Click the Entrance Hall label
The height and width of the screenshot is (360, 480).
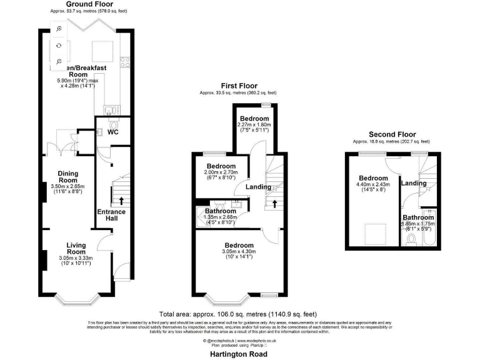click(111, 215)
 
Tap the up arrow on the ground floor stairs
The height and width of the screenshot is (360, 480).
click(121, 201)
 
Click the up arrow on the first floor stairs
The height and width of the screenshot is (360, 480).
click(275, 204)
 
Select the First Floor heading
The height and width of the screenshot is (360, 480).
click(237, 85)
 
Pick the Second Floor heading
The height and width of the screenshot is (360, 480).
click(392, 134)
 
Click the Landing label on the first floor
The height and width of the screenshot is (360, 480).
click(258, 187)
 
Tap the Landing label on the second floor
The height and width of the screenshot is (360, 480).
click(414, 183)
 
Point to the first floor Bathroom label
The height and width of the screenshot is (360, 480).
click(220, 211)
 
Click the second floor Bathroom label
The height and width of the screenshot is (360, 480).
click(418, 217)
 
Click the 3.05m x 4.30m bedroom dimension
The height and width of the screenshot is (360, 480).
click(239, 252)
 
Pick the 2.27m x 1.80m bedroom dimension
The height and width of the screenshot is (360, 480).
click(254, 125)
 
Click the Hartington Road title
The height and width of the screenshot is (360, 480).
click(239, 354)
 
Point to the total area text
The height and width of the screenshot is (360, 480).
click(239, 314)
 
